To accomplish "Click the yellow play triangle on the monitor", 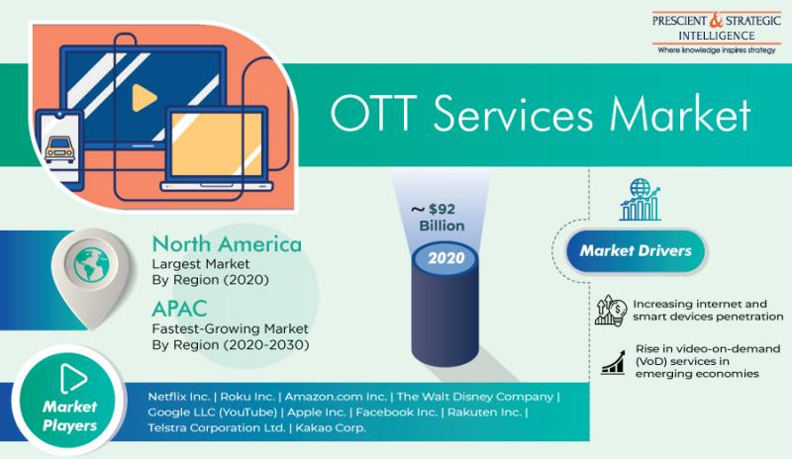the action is click(x=143, y=98).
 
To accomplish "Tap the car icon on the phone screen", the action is click(x=59, y=149).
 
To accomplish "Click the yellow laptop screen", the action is click(x=216, y=143).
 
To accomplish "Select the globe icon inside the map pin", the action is click(x=91, y=264).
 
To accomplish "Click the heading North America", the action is click(x=227, y=244).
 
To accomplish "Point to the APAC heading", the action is click(x=179, y=309).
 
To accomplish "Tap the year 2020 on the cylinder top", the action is click(x=446, y=258).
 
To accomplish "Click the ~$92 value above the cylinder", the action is click(x=434, y=209).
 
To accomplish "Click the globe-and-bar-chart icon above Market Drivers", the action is click(x=640, y=200).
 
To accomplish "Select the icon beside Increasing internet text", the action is click(x=610, y=310).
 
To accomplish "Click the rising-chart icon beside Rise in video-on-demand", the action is click(x=613, y=362).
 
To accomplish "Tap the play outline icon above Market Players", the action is click(x=73, y=378).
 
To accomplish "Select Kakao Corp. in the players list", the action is click(x=331, y=427).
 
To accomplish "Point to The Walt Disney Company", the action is click(x=475, y=397).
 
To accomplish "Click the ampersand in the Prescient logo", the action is click(x=716, y=20).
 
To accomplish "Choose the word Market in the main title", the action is click(x=680, y=114).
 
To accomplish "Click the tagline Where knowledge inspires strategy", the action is click(x=716, y=50).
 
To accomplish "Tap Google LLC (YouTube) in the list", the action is click(x=212, y=413).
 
